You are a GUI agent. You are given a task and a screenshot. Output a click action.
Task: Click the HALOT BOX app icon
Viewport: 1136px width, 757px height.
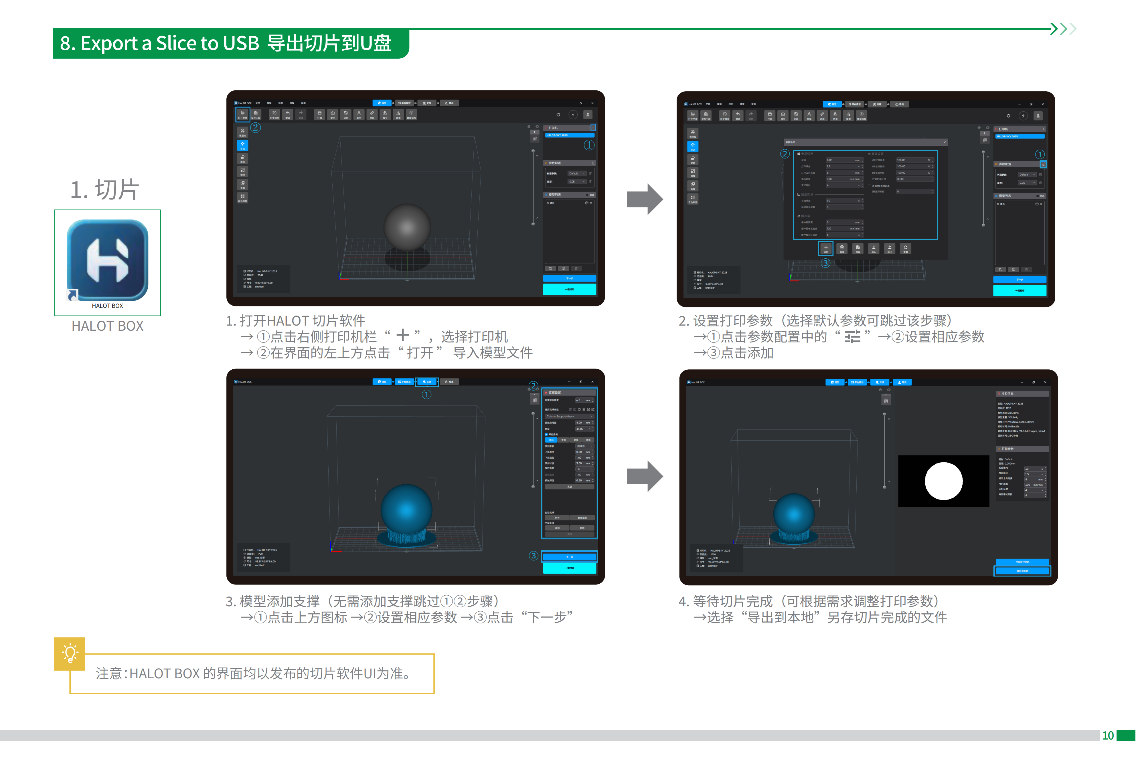click(x=107, y=261)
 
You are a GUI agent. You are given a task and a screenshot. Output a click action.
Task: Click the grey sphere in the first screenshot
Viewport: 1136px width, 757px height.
click(x=407, y=227)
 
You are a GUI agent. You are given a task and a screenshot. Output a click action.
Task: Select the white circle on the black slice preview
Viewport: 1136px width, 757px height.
click(x=943, y=481)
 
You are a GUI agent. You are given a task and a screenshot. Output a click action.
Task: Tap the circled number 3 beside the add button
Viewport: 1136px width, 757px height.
click(x=825, y=263)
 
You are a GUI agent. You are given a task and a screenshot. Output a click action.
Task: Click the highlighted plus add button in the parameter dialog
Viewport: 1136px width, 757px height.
click(x=825, y=248)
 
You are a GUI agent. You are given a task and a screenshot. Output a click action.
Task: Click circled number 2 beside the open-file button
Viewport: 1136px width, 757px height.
click(x=256, y=128)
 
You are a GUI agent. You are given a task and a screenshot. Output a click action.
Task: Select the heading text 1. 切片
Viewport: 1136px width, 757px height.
click(x=105, y=190)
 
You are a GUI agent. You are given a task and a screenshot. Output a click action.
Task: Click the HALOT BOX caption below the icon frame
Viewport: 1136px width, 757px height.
click(x=107, y=326)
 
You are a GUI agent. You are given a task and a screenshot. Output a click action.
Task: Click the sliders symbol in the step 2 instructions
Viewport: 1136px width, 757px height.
click(x=852, y=336)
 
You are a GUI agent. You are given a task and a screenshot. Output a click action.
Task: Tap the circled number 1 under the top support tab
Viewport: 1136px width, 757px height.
click(x=426, y=395)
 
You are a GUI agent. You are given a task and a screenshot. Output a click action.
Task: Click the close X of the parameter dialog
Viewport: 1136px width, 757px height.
click(x=944, y=142)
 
